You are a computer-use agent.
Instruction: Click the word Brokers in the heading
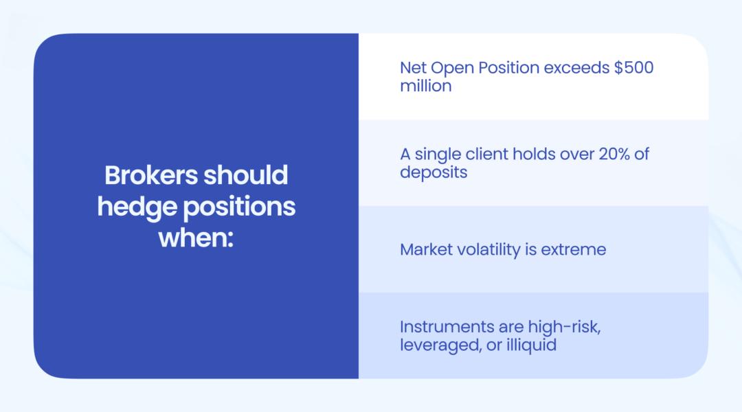tap(151, 175)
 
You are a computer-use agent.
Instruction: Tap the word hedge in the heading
tap(137, 207)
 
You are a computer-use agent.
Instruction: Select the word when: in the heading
tap(196, 238)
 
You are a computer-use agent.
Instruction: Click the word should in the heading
tap(245, 175)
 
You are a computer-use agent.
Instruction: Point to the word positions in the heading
tap(239, 208)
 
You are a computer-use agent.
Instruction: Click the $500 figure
tap(633, 68)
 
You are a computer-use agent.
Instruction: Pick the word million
tap(426, 86)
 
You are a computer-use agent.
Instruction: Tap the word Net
tap(413, 68)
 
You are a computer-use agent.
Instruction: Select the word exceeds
tap(576, 68)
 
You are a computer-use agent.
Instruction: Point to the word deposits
tap(434, 173)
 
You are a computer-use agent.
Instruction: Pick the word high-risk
tap(564, 328)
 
